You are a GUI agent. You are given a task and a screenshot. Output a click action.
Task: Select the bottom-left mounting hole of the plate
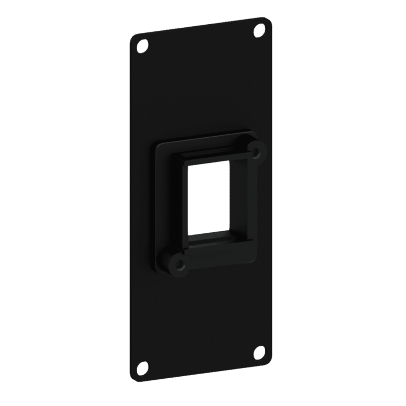[143, 367]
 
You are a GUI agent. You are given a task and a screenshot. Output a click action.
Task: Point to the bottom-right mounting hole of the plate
[260, 352]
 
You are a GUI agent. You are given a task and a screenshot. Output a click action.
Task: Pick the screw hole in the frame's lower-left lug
[179, 264]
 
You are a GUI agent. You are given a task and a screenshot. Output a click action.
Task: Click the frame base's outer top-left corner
[156, 145]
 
